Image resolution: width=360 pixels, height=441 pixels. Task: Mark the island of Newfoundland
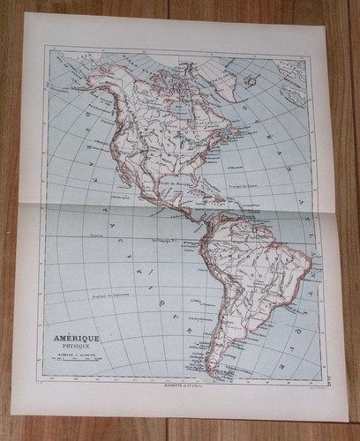(238, 123)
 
